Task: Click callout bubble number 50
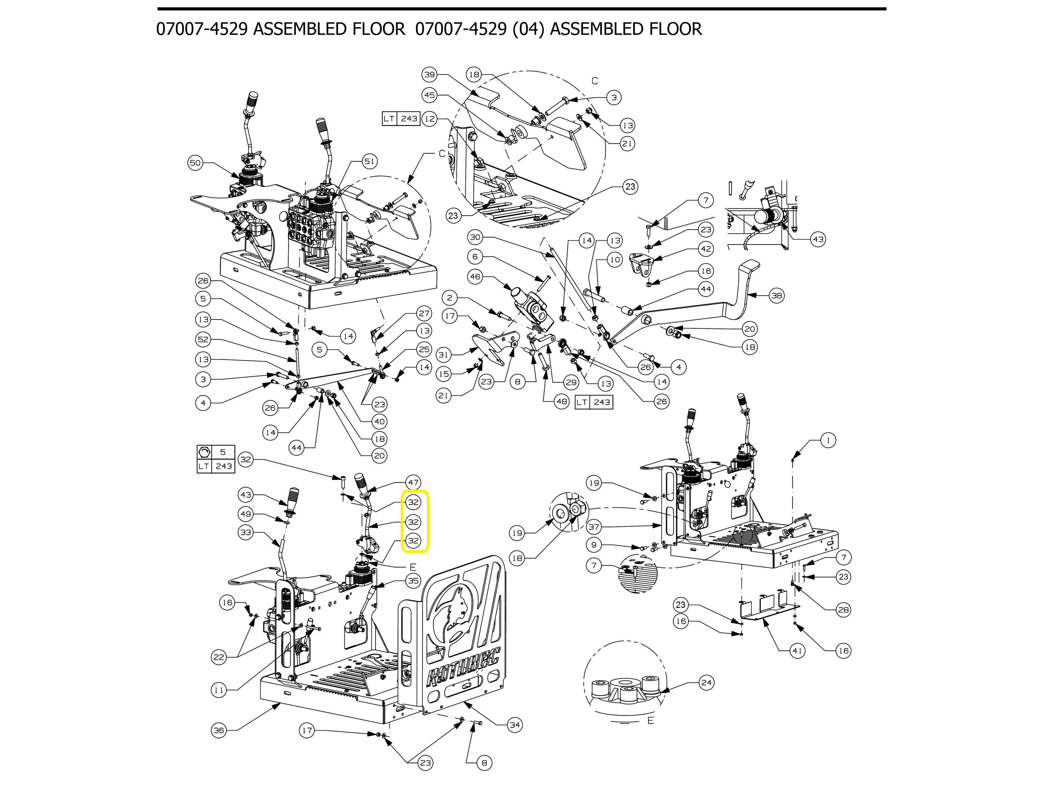(195, 163)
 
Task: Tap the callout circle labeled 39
(430, 75)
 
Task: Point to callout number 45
(430, 95)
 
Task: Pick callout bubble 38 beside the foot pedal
(776, 295)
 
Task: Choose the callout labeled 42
(706, 249)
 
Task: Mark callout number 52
(204, 340)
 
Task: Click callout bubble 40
(379, 421)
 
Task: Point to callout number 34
(515, 725)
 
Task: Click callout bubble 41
(797, 651)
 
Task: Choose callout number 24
(706, 683)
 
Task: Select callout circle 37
(594, 527)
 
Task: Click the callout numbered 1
(828, 440)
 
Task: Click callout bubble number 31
(443, 355)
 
